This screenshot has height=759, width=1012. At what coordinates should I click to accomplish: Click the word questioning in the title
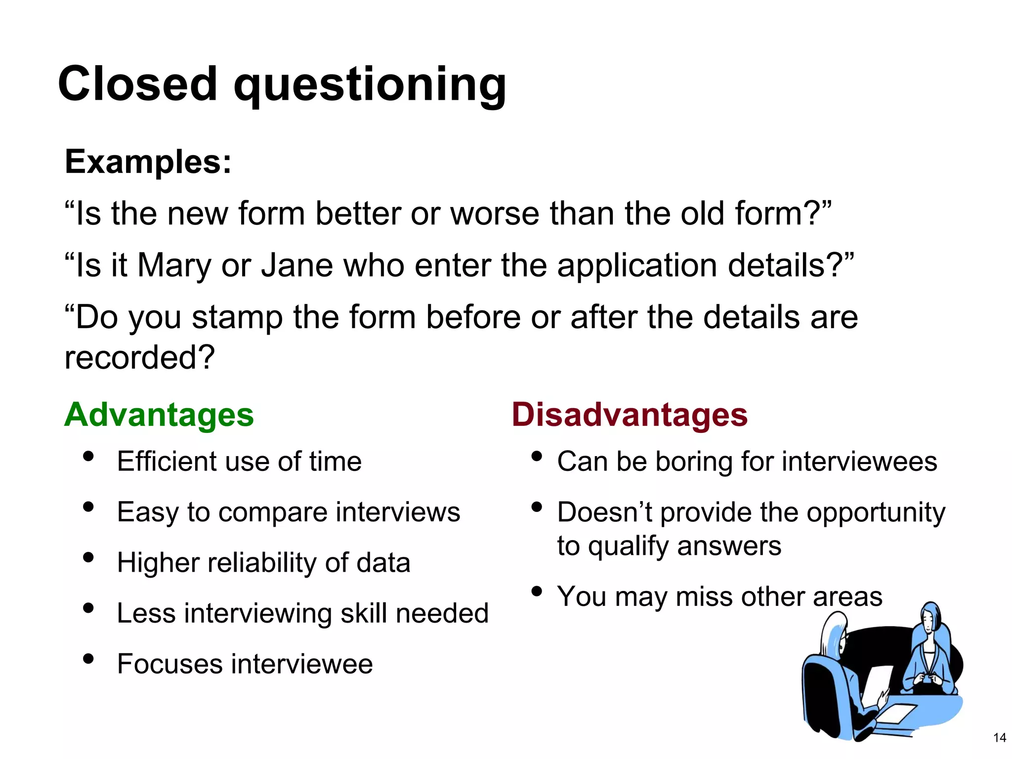coord(370,85)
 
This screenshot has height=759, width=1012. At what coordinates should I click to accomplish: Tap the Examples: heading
coord(148,162)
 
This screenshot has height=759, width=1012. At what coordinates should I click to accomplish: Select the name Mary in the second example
coord(174,265)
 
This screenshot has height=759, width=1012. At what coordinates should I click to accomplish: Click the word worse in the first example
coord(495,213)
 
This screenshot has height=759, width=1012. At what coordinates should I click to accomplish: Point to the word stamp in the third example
coord(237,317)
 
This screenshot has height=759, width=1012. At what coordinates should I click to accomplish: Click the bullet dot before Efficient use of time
coord(88,456)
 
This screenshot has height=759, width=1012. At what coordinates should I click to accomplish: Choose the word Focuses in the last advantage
coord(169,664)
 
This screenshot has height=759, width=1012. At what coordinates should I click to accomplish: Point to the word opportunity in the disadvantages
coord(876,512)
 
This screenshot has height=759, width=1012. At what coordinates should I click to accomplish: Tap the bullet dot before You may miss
coord(537,591)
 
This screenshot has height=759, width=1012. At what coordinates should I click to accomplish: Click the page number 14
coord(999,738)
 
